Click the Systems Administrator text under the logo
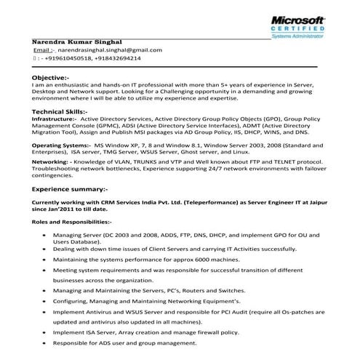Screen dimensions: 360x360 coord(311,33)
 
